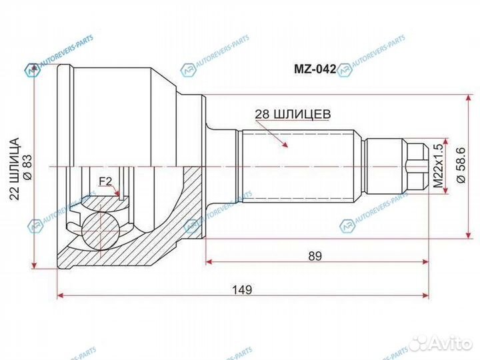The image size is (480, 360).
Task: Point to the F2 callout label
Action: [x=105, y=181]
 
